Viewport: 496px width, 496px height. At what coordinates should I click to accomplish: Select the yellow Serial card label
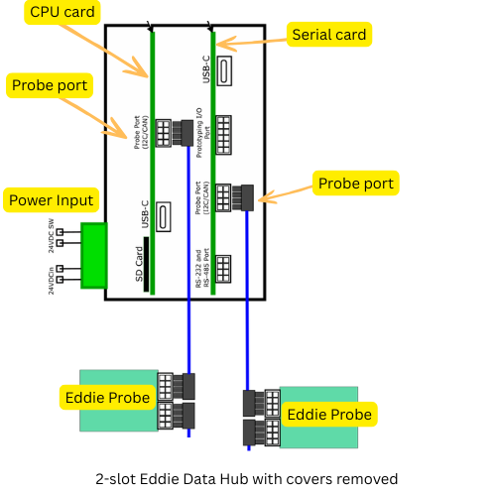click(x=328, y=35)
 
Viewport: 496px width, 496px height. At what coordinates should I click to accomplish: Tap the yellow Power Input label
click(x=52, y=200)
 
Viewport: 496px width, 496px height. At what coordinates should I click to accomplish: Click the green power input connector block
click(x=94, y=256)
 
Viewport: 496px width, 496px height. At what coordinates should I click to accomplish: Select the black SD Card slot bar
click(x=147, y=264)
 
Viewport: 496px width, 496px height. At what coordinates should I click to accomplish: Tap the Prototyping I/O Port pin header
click(x=223, y=130)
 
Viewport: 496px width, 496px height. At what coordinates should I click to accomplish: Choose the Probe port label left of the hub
click(x=50, y=85)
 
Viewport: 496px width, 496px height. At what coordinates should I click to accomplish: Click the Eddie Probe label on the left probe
click(x=108, y=398)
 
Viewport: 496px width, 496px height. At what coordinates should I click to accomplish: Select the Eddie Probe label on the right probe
click(x=328, y=414)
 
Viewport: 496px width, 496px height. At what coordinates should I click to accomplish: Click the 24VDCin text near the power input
click(x=51, y=279)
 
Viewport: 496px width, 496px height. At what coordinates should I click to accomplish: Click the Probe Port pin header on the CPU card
click(x=163, y=131)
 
